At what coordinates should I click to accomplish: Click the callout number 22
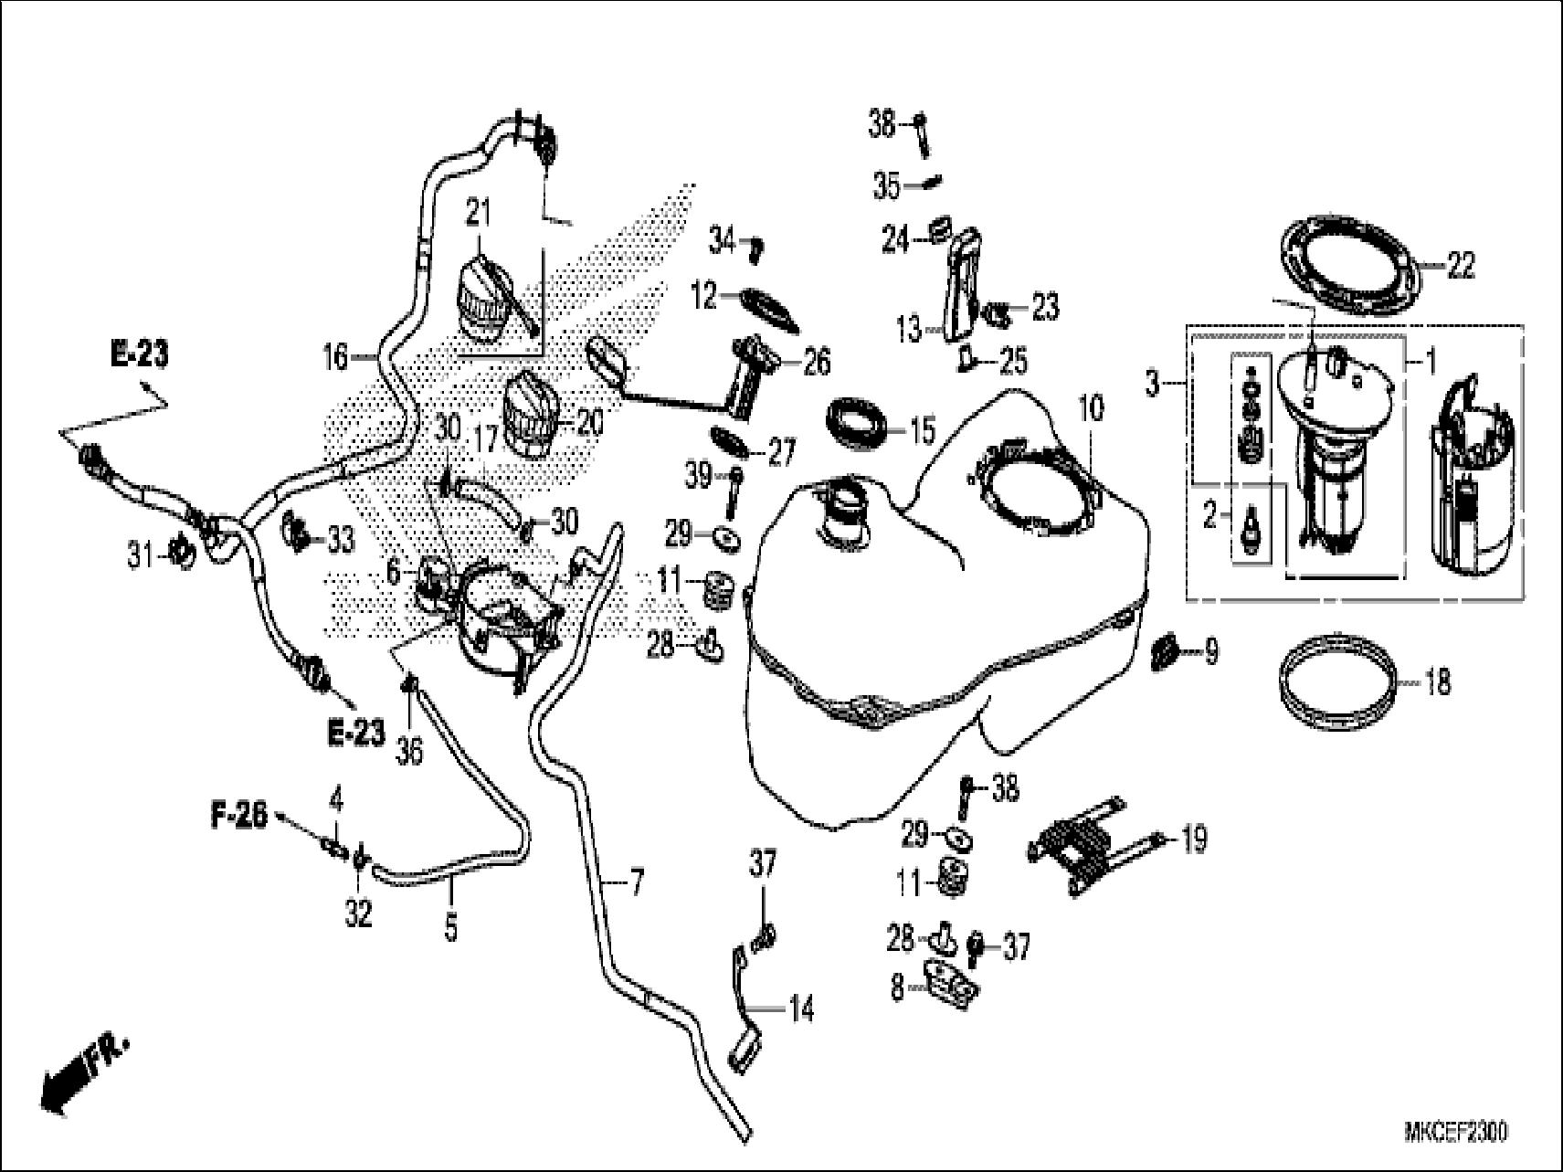pyautogui.click(x=1461, y=267)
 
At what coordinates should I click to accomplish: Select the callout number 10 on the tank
pyautogui.click(x=1091, y=407)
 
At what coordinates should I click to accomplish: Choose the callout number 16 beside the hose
pyautogui.click(x=336, y=356)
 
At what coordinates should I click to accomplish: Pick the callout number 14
pyautogui.click(x=801, y=1012)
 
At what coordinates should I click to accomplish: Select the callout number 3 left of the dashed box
pyautogui.click(x=1154, y=385)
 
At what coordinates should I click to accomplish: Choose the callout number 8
pyautogui.click(x=898, y=988)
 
